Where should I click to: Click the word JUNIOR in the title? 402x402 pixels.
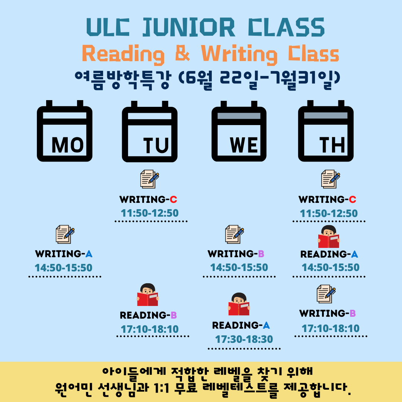(x=189, y=27)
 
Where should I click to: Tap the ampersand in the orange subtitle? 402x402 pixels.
(x=182, y=53)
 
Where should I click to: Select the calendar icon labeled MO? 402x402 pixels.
(x=65, y=131)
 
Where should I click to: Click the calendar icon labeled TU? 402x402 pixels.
(x=150, y=131)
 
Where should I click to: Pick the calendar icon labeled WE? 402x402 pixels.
(x=239, y=131)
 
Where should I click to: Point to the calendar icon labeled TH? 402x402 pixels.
(x=326, y=131)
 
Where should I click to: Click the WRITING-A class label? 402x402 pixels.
(x=64, y=254)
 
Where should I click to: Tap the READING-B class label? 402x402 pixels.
(x=148, y=315)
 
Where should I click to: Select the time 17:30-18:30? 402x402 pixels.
(x=244, y=339)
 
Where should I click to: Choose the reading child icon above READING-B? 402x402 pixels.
(x=148, y=295)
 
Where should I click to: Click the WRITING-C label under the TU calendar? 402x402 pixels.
(x=148, y=200)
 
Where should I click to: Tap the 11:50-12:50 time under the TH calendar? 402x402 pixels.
(x=329, y=213)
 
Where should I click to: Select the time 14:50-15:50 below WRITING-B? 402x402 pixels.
(x=239, y=267)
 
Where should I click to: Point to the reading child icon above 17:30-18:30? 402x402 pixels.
(x=239, y=304)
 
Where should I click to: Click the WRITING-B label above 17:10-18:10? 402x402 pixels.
(x=328, y=313)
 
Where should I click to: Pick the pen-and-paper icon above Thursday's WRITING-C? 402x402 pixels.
(x=331, y=179)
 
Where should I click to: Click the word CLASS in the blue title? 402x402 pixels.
(x=286, y=27)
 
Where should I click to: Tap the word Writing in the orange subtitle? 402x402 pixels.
(x=239, y=54)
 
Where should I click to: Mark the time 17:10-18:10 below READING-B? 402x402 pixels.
(x=150, y=329)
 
